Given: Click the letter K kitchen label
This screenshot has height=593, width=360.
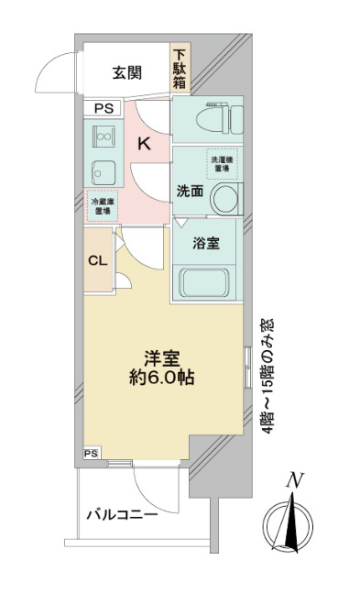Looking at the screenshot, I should pyautogui.click(x=144, y=143).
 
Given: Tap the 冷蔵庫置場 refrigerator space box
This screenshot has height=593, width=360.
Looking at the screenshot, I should pyautogui.click(x=102, y=206).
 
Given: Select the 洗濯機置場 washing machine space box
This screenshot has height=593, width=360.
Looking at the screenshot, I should pyautogui.click(x=221, y=162).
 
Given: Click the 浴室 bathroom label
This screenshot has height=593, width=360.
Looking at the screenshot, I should pyautogui.click(x=205, y=244).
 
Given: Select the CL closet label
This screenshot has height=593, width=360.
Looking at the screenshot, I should pyautogui.click(x=97, y=259).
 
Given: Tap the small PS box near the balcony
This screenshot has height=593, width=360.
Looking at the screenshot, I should pyautogui.click(x=90, y=453).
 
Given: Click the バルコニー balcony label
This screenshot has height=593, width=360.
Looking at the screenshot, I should pyautogui.click(x=123, y=516).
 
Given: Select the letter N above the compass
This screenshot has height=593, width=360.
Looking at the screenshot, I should pyautogui.click(x=294, y=478).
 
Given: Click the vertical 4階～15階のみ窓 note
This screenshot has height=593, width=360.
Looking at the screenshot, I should pyautogui.click(x=267, y=376).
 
